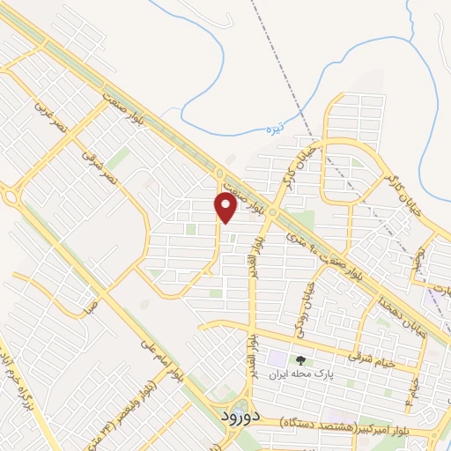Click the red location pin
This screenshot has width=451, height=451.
click(x=225, y=207)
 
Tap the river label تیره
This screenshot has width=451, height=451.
click(x=277, y=129)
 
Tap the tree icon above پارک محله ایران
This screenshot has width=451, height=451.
click(x=301, y=359)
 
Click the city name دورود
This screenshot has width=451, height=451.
click(x=237, y=414)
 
